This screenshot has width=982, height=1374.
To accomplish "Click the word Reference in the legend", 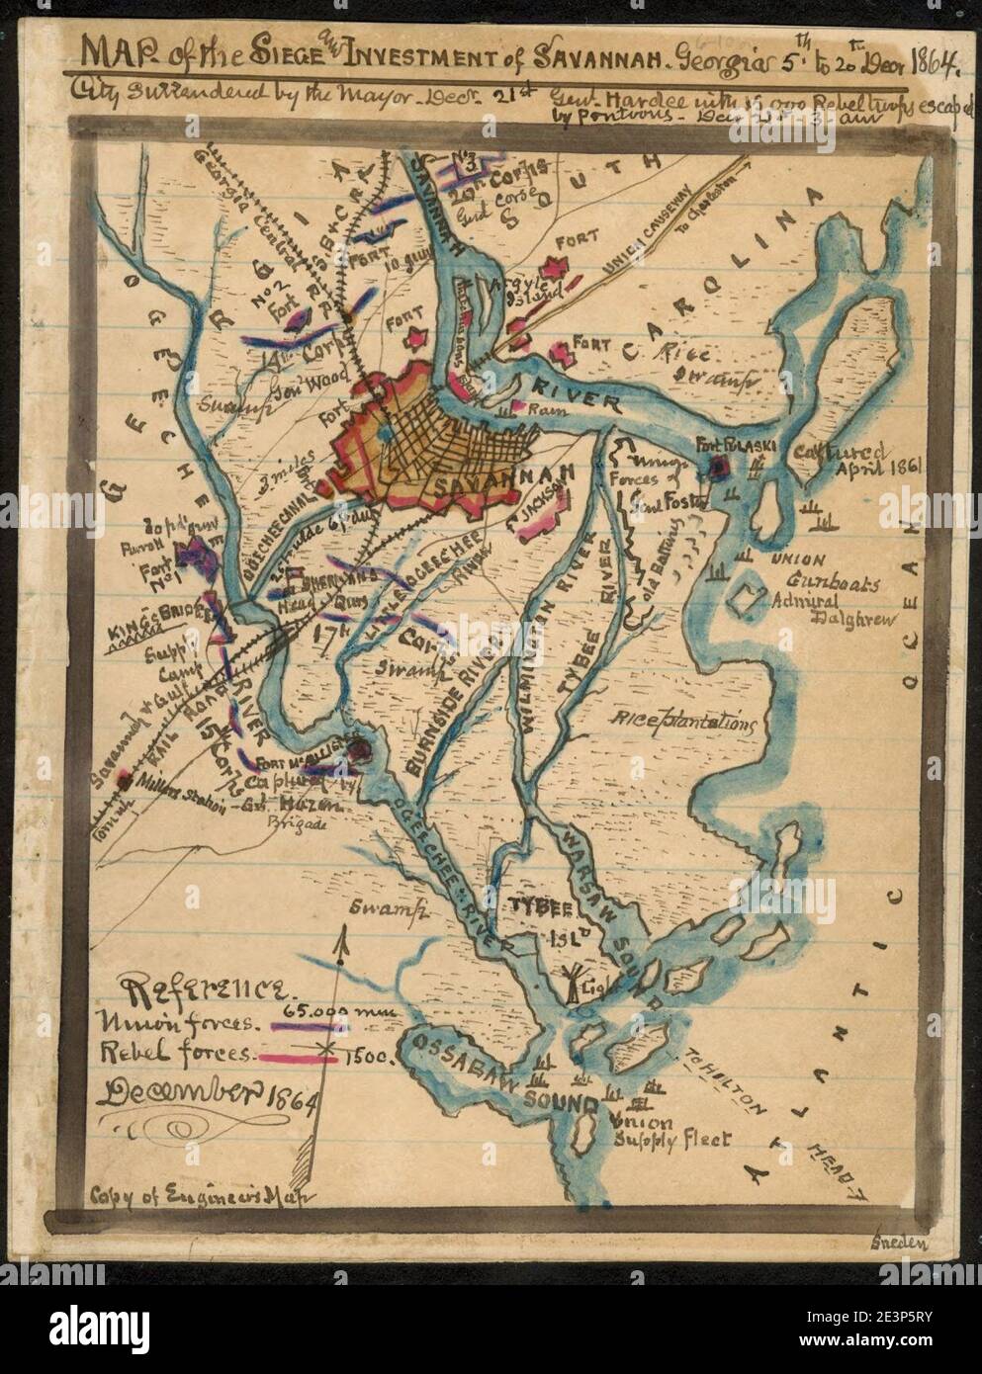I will point(205,989).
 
